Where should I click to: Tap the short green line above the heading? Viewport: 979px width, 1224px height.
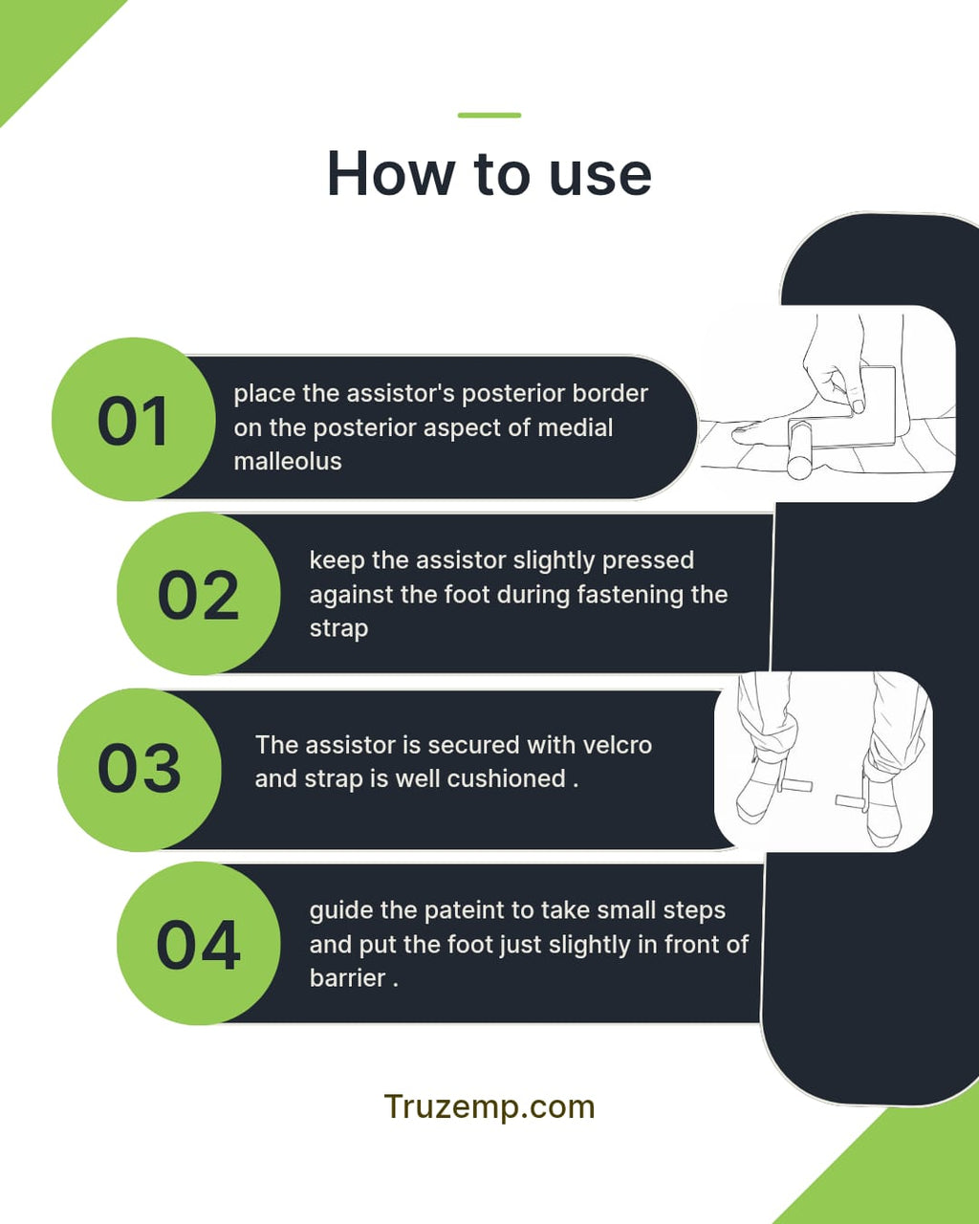coord(489,115)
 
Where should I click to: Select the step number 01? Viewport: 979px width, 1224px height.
coord(133,422)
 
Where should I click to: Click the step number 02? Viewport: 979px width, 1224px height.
coord(198,595)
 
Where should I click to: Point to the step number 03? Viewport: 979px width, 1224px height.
coord(140,768)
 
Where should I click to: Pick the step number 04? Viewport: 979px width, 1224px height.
coord(198,945)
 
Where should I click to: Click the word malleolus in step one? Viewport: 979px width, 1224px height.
coord(288,461)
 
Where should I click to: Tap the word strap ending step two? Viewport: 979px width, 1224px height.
coord(338,629)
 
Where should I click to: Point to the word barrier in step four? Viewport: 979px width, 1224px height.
coord(348,978)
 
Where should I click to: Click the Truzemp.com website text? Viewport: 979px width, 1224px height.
coord(489,1106)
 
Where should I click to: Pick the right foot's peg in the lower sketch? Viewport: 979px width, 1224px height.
coord(852,802)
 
